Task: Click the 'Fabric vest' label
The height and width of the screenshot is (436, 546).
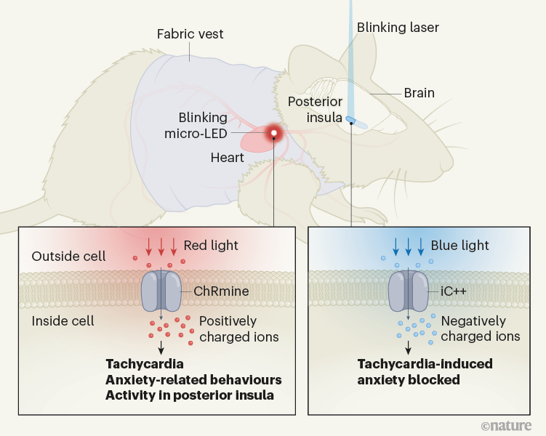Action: [x=190, y=34]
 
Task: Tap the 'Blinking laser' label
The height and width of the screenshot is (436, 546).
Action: [x=398, y=28]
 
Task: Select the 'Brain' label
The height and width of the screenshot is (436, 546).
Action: [x=419, y=93]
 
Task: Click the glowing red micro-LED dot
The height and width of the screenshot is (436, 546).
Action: [x=274, y=132]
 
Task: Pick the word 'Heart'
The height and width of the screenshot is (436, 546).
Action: [x=227, y=157]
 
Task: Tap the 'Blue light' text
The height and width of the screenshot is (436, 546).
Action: [x=459, y=245]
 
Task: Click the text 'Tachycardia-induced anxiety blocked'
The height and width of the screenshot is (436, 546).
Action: [x=424, y=371]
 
